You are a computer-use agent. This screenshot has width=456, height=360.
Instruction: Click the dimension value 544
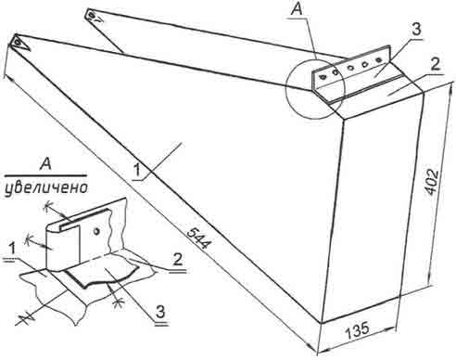pos(199,238)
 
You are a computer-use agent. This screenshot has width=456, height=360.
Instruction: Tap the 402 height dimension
pos(432,182)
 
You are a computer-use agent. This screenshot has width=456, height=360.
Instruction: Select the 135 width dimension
pos(357,331)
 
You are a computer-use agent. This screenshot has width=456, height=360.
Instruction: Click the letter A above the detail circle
pos(297,9)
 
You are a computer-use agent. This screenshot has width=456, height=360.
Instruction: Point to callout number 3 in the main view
pos(416,30)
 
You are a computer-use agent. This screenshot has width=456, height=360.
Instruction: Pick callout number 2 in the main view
pos(435,65)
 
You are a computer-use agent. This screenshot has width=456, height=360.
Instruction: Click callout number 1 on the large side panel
pos(136,171)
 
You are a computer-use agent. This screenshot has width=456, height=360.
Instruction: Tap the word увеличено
pos(45,187)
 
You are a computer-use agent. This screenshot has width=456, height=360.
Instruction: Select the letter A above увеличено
pos(45,165)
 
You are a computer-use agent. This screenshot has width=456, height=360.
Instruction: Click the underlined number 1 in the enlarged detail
pos(12,250)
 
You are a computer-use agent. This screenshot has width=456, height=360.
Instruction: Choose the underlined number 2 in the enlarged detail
pos(177,261)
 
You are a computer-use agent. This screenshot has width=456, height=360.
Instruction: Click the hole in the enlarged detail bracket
pos(96,231)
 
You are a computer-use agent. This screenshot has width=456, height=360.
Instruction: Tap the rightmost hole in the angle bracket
pos(377,59)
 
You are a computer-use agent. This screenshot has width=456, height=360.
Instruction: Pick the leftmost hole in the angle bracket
pos(323,76)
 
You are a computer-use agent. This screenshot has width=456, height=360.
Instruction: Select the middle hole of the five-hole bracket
pos(350,68)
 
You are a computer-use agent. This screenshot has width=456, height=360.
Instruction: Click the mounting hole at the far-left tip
pos(19,41)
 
